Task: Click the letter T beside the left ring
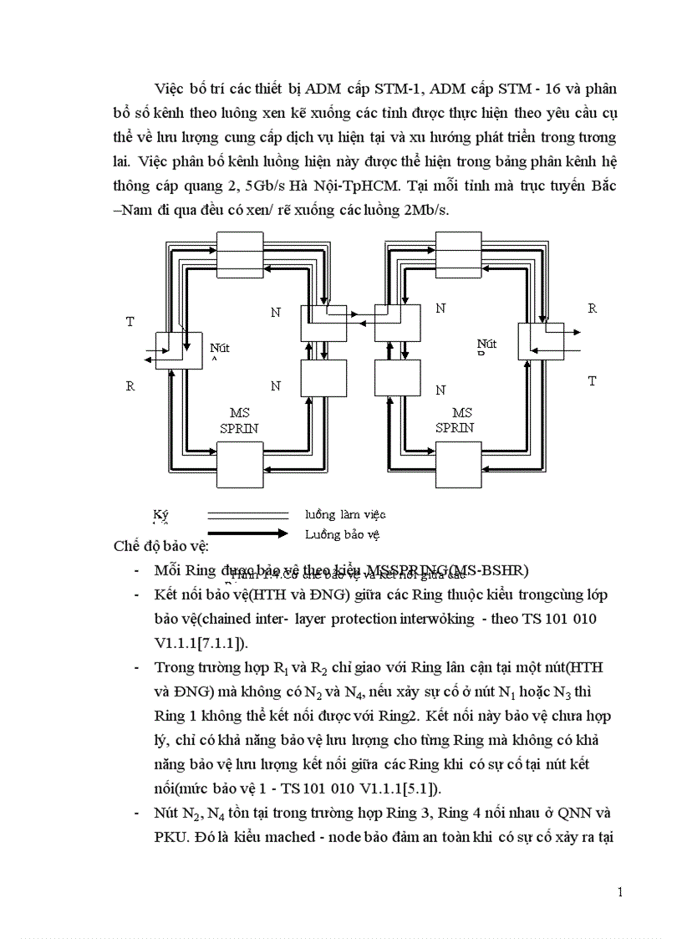click(130, 322)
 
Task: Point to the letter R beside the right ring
click(592, 309)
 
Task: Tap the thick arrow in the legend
click(247, 533)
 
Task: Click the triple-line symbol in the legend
click(247, 515)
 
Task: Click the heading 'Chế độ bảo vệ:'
click(160, 547)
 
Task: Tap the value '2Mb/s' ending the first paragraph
click(428, 211)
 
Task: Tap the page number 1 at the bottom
click(619, 892)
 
